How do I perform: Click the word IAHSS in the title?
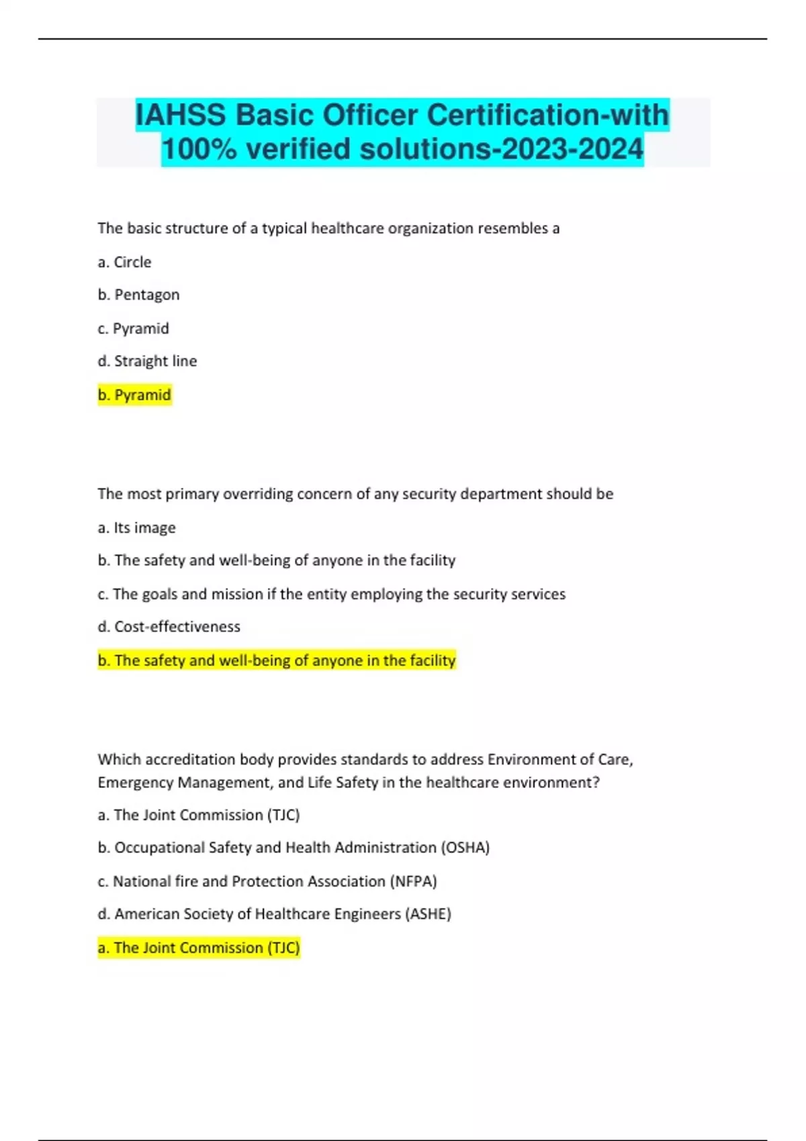181,115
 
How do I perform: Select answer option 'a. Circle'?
124,262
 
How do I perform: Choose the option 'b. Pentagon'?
138,295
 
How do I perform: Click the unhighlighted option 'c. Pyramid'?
133,328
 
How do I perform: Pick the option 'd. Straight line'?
147,361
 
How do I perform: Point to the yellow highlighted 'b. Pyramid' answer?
134,395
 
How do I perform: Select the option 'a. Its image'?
136,528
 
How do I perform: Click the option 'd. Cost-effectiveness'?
169,626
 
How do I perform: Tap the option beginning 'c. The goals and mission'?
331,594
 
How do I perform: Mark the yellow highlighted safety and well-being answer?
276,660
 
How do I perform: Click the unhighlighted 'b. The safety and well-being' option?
276,560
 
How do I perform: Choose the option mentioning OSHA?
294,848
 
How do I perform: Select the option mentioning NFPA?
267,881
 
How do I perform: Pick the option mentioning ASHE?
274,914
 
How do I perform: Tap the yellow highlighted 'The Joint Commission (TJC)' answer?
198,948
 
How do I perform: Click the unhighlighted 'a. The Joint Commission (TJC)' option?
198,815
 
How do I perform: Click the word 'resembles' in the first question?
512,228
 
